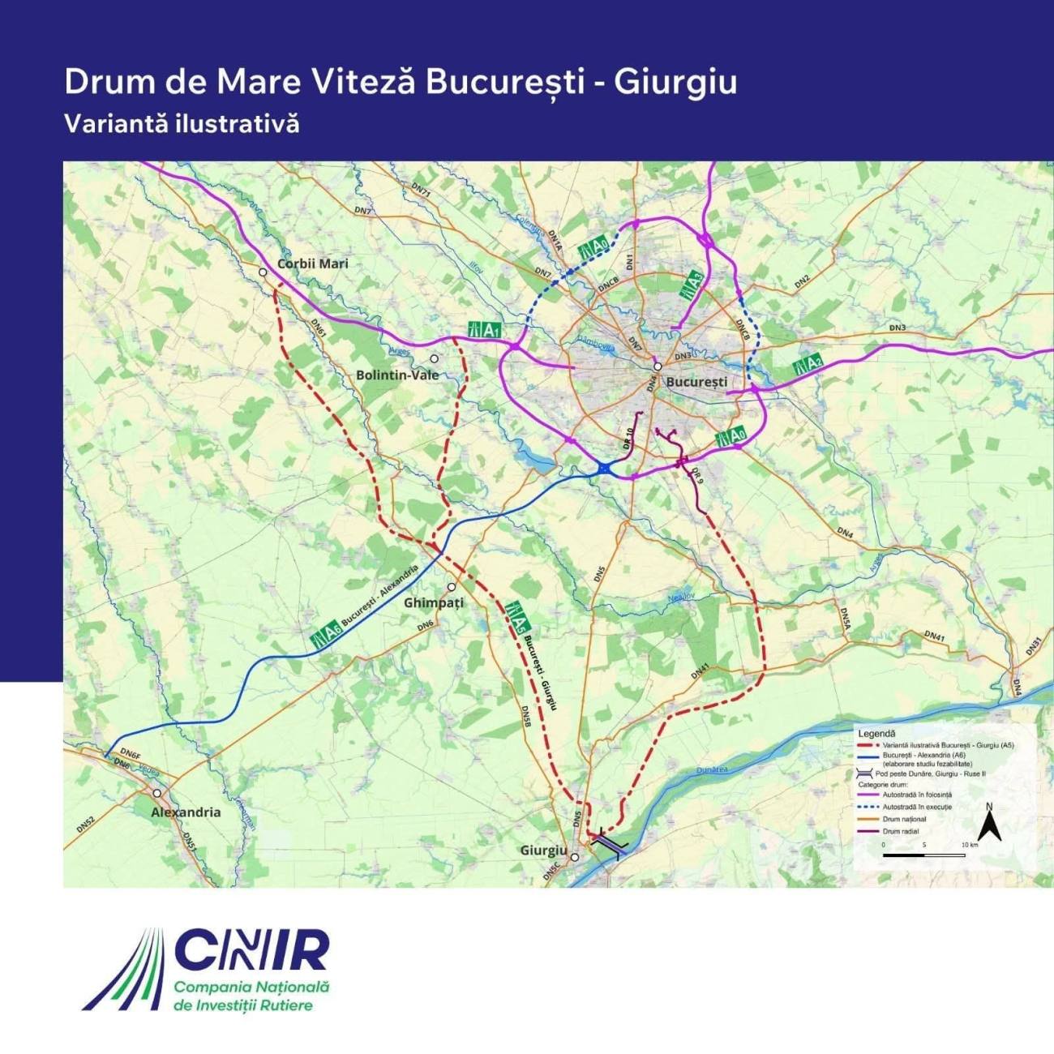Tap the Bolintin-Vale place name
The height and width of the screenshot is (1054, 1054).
coord(397,375)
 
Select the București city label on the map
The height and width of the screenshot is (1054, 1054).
coord(696,381)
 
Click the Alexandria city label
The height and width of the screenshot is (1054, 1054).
coord(186,812)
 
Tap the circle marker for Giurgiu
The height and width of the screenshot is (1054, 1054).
coord(575,857)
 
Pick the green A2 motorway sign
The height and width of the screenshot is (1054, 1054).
coord(808,364)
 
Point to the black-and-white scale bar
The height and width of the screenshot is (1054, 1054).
coord(923,855)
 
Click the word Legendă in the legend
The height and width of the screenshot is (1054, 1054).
coord(876,732)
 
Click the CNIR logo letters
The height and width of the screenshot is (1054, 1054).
coord(251,950)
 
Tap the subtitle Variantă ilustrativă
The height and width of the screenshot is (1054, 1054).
coord(182,124)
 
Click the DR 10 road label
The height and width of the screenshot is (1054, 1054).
coord(629,439)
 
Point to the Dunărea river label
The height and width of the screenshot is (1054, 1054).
coord(712,769)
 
